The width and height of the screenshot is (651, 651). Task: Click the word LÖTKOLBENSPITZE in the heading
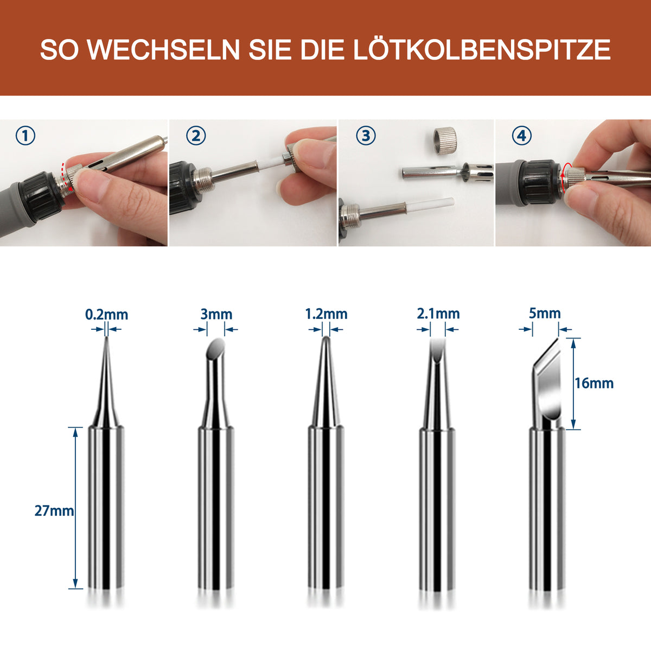point(482,50)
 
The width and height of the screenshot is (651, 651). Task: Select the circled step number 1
point(25,136)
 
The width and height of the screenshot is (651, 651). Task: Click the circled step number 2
point(196,136)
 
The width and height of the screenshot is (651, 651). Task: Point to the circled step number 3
point(366,136)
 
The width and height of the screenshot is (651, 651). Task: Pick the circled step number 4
point(522,136)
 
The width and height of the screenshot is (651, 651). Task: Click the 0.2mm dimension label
point(106,314)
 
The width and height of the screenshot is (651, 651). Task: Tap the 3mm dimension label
point(216,314)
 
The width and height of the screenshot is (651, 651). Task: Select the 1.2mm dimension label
point(325,314)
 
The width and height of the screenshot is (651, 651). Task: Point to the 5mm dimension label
point(545,313)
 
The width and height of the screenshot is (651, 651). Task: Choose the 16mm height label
point(594,383)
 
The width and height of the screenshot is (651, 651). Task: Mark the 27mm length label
point(54,510)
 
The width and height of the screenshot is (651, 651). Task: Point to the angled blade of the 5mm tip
point(548,380)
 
